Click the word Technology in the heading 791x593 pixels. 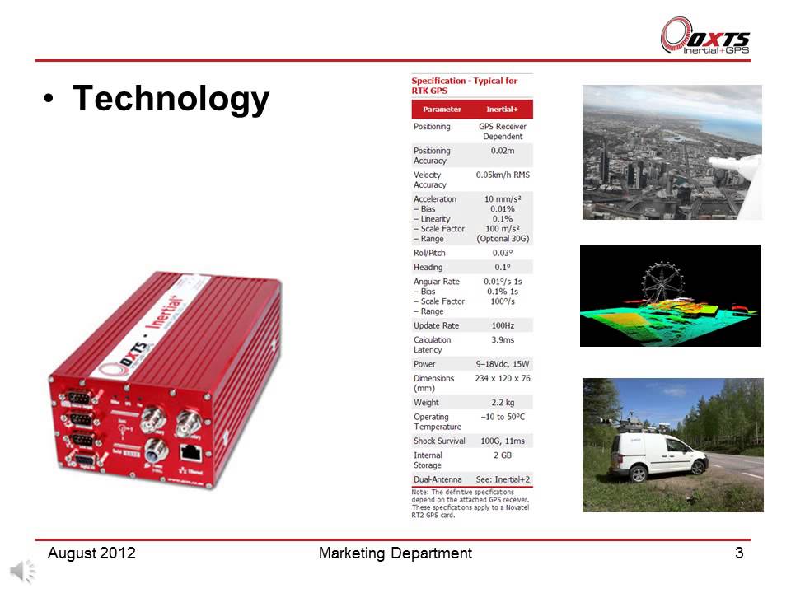coord(171,99)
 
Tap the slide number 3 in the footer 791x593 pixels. coord(739,553)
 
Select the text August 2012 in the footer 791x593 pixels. coord(91,553)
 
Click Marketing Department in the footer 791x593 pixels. coord(395,553)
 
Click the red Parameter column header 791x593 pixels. coord(442,110)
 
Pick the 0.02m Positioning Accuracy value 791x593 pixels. coord(503,151)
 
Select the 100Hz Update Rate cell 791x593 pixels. coord(503,325)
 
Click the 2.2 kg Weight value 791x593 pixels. coord(503,402)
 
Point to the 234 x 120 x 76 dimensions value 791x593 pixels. coord(503,378)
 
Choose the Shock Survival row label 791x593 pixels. coord(439,441)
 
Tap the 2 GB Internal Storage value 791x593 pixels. coord(503,455)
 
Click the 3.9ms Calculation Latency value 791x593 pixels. coord(503,339)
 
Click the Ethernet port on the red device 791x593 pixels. coord(191,451)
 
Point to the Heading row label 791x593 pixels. coord(428,267)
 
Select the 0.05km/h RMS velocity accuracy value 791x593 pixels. coord(503,175)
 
